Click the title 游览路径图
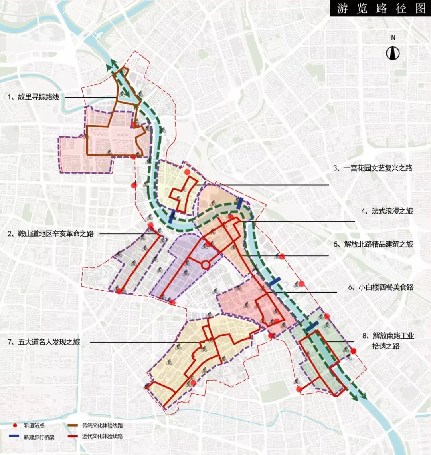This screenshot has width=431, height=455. click(381, 8)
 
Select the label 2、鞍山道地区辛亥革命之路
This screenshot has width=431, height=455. click(50, 233)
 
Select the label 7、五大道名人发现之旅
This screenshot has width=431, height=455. click(44, 342)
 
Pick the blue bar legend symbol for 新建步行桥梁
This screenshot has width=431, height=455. click(15, 436)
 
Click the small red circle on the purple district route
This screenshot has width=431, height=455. click(205, 265)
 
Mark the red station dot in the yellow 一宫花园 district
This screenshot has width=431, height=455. click(187, 172)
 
